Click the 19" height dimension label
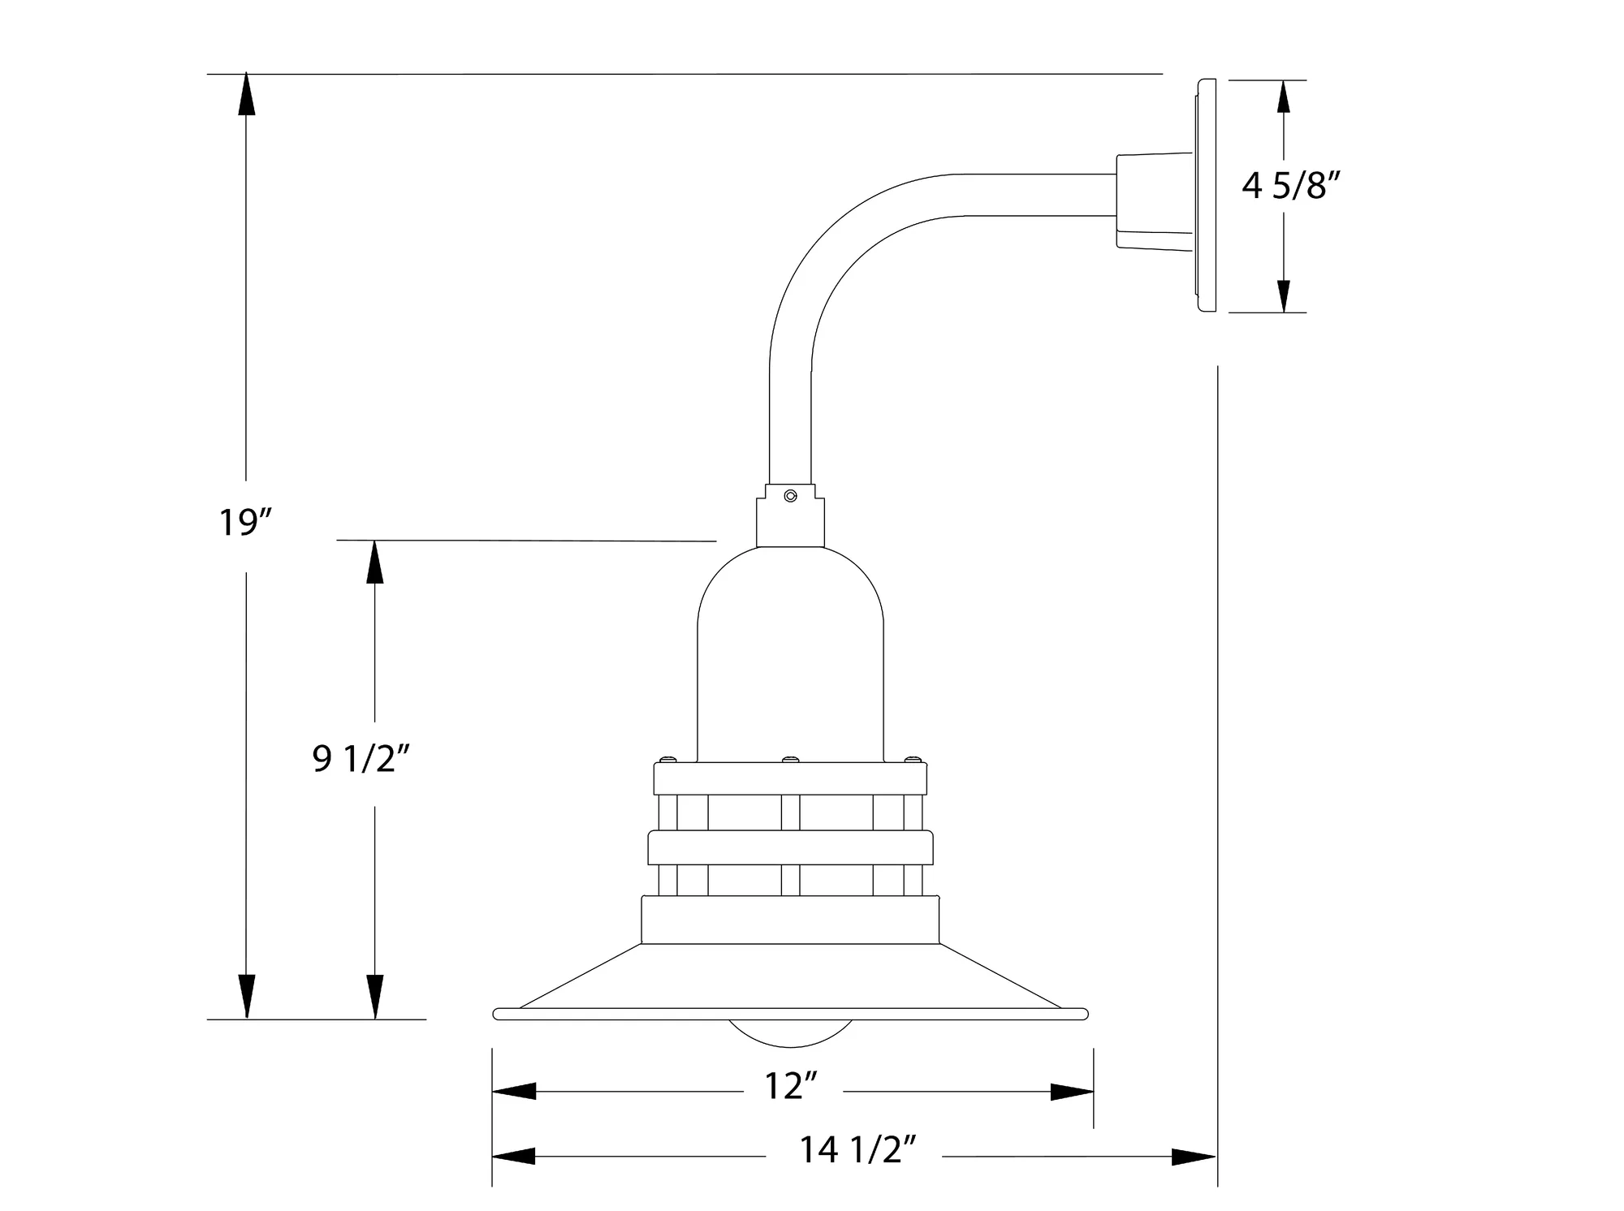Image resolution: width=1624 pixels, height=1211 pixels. pyautogui.click(x=244, y=522)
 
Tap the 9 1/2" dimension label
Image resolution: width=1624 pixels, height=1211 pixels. pyautogui.click(x=361, y=759)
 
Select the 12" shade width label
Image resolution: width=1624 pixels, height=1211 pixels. pyautogui.click(x=791, y=1086)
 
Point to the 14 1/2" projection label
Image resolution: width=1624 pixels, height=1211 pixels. pyautogui.click(x=859, y=1150)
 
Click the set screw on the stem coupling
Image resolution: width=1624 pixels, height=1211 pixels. pyautogui.click(x=789, y=495)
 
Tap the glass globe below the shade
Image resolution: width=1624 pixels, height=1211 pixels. pyautogui.click(x=791, y=1033)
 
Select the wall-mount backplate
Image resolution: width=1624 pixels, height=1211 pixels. pyautogui.click(x=1205, y=196)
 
